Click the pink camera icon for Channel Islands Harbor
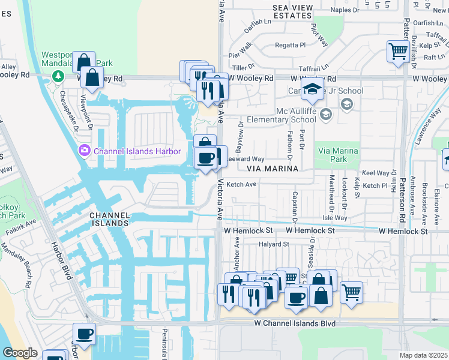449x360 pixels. click(85, 150)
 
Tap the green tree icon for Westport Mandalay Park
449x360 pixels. click(58, 77)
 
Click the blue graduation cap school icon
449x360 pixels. click(312, 89)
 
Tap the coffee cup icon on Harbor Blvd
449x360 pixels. click(84, 334)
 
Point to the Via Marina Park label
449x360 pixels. click(338, 155)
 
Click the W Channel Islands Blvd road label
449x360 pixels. click(292, 323)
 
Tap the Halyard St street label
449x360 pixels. click(274, 244)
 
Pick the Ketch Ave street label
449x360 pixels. click(241, 184)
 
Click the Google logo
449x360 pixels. click(20, 352)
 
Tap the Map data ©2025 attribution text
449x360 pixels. click(423, 355)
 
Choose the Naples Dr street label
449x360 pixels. click(345, 10)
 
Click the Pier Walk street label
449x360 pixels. click(240, 47)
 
